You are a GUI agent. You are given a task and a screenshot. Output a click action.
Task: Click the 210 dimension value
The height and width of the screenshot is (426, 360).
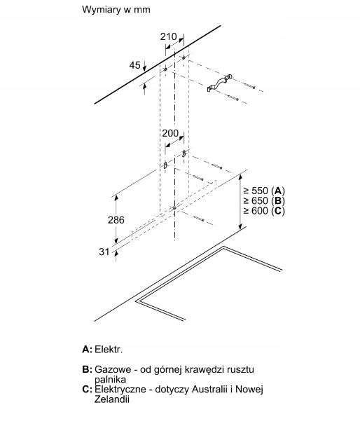(x=168, y=36)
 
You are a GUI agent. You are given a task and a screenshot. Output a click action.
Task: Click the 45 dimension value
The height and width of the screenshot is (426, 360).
(x=135, y=65)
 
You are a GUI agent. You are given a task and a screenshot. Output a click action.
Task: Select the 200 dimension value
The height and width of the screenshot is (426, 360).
(x=170, y=133)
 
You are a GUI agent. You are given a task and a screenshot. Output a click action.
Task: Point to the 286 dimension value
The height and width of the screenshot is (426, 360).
(x=116, y=220)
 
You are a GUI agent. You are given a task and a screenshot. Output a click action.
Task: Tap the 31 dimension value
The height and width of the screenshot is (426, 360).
(x=104, y=252)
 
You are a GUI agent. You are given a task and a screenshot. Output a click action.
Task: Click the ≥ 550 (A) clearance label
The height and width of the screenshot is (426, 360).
(x=264, y=191)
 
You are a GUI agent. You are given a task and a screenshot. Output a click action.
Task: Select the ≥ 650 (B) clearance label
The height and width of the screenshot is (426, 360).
(x=264, y=201)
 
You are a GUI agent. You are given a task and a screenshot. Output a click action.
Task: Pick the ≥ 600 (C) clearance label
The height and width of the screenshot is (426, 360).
(x=264, y=211)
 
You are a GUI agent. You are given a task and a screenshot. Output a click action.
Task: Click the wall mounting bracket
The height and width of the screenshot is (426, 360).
(x=219, y=83)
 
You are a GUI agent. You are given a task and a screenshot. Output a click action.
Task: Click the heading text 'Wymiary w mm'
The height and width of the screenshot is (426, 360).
(x=116, y=10)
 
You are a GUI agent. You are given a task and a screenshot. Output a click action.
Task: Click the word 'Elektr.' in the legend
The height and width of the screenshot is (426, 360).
(x=109, y=350)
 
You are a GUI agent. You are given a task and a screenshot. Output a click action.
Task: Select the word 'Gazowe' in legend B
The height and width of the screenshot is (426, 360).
(x=113, y=369)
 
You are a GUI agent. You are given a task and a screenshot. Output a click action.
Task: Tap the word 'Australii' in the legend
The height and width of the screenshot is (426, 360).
(x=209, y=390)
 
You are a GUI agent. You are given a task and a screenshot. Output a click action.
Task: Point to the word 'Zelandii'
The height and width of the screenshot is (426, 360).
(x=111, y=399)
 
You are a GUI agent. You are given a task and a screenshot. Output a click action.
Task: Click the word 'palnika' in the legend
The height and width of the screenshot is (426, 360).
(x=110, y=380)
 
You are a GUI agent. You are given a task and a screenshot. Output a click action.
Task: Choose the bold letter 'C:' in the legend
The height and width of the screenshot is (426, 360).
(x=87, y=390)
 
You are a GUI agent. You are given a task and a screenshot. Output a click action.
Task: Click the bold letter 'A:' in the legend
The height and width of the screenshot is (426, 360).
(x=87, y=350)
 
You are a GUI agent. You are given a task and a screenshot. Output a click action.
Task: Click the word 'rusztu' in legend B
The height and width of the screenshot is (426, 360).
(x=240, y=369)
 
